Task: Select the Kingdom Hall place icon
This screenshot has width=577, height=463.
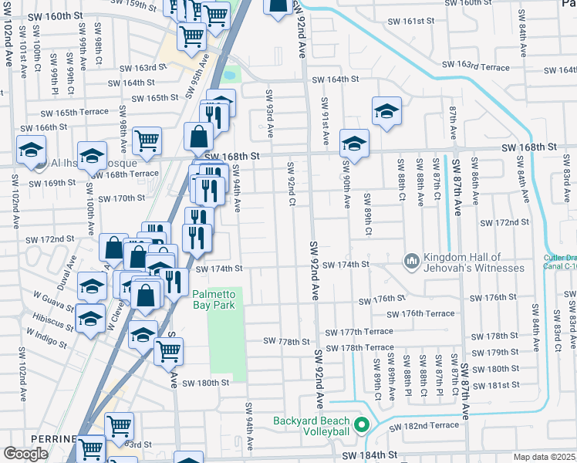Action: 411,262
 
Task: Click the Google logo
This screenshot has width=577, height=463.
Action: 26,454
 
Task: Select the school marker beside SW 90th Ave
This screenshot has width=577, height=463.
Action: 354,143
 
